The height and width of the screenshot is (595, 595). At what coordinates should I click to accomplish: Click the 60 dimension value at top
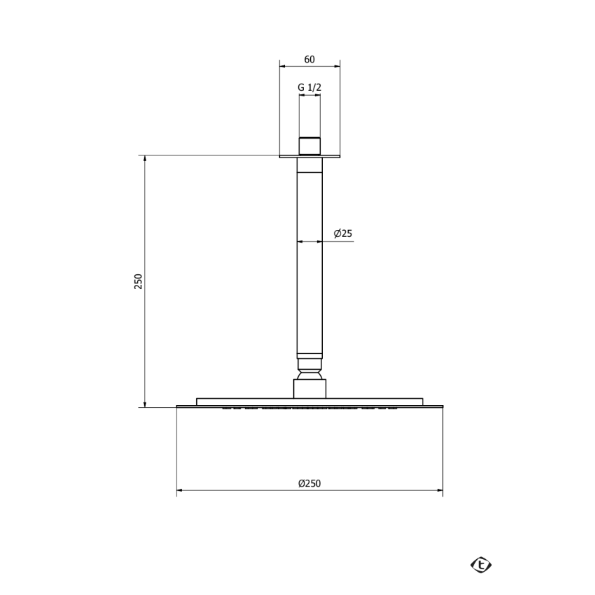tap(309, 59)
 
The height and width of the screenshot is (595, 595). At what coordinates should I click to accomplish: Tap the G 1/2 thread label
tap(309, 87)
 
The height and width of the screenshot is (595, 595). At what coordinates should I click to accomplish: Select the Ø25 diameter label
tap(343, 233)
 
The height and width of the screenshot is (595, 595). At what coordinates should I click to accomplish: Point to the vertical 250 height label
tap(138, 281)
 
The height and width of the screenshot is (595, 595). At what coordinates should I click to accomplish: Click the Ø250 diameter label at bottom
tap(309, 483)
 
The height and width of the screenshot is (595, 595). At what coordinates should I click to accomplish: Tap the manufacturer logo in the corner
tap(481, 564)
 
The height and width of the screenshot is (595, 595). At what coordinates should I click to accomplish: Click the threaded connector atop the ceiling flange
tap(309, 146)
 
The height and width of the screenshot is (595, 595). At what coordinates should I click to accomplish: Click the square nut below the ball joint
tap(309, 388)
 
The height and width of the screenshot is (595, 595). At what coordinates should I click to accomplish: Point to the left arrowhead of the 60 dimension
tap(283, 66)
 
